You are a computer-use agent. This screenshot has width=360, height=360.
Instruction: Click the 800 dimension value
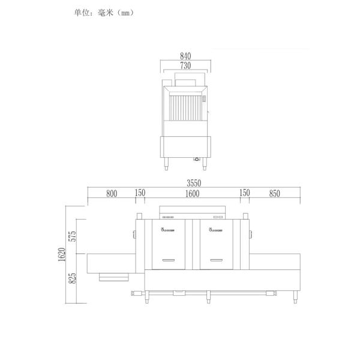pos(111,193)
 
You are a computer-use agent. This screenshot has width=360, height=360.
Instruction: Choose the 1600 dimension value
pos(192,193)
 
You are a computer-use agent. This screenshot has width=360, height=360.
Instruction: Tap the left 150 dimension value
pos(140,193)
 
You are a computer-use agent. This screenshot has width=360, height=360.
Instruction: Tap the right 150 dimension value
pos(245,193)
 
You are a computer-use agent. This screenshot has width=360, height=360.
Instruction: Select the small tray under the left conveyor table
pos(113,277)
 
